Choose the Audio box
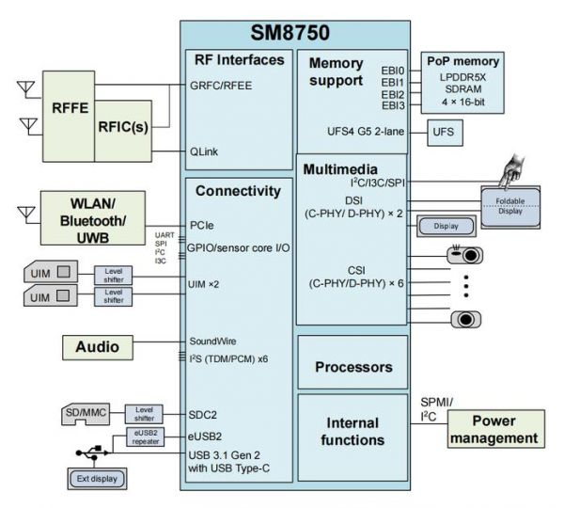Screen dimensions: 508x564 [98, 347]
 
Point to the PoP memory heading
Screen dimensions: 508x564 [462, 60]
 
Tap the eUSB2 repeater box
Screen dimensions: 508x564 [145, 437]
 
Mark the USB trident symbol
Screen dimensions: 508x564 [92, 454]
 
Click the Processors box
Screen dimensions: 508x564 [352, 366]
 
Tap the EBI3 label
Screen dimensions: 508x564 [392, 106]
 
